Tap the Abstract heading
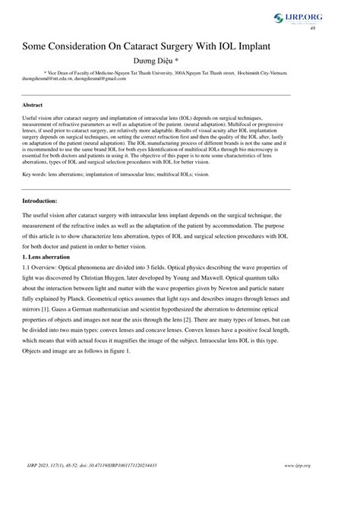click(32, 104)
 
